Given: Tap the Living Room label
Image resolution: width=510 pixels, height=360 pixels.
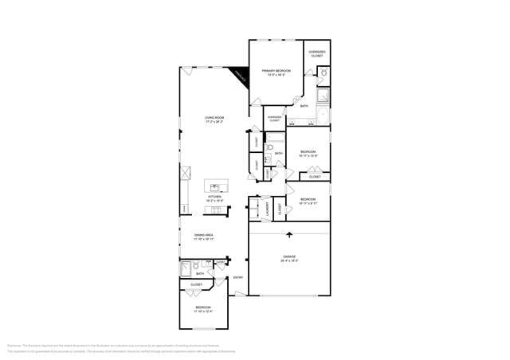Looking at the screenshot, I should (214, 119).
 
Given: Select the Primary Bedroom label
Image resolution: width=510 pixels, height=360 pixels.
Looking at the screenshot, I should (276, 72).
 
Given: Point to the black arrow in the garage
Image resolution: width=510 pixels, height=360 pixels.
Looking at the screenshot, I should (288, 235).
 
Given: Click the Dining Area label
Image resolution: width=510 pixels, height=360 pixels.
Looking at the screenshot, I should (204, 236).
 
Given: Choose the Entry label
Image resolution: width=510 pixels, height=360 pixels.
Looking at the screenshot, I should (237, 278).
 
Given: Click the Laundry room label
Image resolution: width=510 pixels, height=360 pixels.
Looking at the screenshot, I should (266, 209).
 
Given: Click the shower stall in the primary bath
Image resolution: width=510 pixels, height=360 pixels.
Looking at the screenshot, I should (324, 96).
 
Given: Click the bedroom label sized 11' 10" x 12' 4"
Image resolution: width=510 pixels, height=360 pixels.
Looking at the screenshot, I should (203, 309).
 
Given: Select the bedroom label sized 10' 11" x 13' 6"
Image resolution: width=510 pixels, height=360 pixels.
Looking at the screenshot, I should (308, 153).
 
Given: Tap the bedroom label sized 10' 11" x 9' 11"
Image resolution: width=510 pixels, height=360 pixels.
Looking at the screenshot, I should (308, 201).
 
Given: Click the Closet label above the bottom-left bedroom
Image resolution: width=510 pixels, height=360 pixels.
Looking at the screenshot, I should (196, 284).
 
